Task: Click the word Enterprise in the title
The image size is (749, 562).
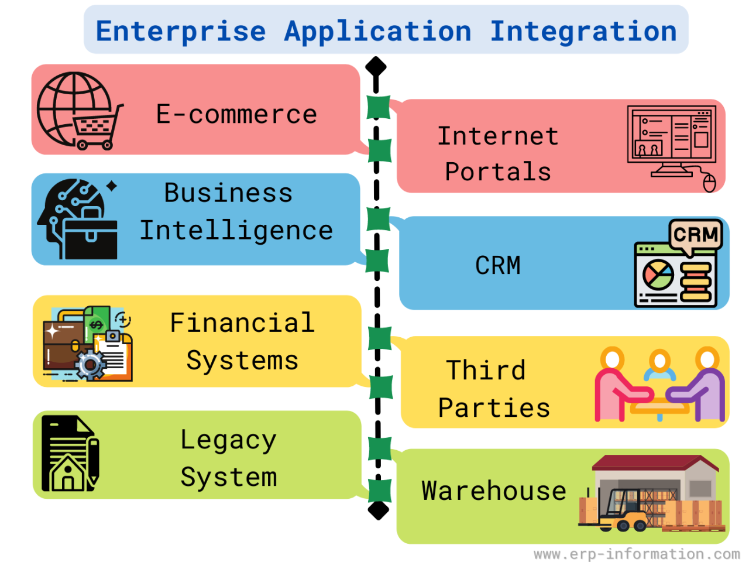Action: [181, 31]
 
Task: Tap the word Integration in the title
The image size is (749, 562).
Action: [583, 31]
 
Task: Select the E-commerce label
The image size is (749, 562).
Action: [236, 114]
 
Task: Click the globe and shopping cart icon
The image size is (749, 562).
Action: [80, 111]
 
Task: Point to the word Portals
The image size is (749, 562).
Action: [498, 172]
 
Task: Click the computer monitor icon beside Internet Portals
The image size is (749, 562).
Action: [671, 143]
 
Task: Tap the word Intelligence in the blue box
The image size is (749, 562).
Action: [236, 230]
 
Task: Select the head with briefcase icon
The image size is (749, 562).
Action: [78, 219]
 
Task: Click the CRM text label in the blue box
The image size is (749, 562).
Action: [498, 266]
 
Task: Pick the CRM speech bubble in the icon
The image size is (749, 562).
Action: [696, 235]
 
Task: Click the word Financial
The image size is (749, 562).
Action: [242, 323]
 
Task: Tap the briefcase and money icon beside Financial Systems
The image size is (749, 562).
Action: [88, 344]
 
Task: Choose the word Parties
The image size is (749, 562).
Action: [494, 407]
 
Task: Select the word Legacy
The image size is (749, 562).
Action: [228, 440]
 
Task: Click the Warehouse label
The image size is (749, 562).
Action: [494, 491]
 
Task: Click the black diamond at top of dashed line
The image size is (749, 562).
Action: [376, 66]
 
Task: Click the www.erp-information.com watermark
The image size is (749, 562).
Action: [637, 554]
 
